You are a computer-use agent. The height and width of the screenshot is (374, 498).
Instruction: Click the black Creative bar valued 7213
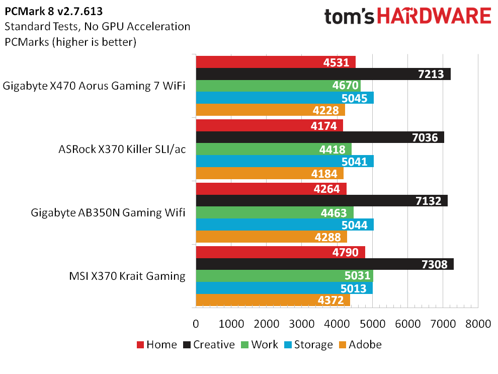click(x=323, y=74)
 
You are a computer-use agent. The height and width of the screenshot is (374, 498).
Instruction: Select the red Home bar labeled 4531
click(x=276, y=62)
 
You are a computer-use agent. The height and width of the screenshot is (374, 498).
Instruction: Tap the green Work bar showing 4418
click(x=274, y=149)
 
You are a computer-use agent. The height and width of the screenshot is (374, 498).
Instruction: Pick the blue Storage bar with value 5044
click(x=285, y=225)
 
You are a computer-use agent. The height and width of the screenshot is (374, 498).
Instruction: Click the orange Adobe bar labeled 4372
click(x=273, y=301)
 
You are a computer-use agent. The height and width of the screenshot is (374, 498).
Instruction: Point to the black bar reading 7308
click(x=324, y=264)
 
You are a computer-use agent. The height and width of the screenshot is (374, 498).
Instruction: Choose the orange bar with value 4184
click(x=270, y=174)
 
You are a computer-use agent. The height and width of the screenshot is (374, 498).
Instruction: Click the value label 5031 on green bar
click(x=358, y=276)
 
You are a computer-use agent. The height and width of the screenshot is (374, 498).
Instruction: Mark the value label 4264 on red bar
click(x=327, y=189)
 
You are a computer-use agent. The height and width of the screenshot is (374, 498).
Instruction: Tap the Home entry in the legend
click(x=156, y=345)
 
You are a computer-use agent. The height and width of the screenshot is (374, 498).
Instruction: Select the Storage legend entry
click(x=308, y=345)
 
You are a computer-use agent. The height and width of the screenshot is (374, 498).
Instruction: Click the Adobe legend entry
click(x=360, y=345)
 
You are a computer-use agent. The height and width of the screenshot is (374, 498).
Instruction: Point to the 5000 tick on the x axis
click(x=373, y=324)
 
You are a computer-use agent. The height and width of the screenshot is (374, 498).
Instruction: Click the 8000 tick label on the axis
click(x=478, y=324)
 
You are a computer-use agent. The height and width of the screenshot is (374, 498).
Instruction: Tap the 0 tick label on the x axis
click(x=196, y=324)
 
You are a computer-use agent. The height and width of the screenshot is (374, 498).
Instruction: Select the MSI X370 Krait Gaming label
click(x=127, y=276)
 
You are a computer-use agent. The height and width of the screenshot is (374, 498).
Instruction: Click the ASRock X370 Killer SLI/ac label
click(x=122, y=149)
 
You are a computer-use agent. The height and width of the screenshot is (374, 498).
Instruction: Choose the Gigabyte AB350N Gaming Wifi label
click(x=108, y=212)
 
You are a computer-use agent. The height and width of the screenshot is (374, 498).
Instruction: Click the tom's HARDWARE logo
click(x=408, y=16)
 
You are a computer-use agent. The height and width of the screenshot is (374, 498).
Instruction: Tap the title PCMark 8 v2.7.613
click(x=54, y=12)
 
